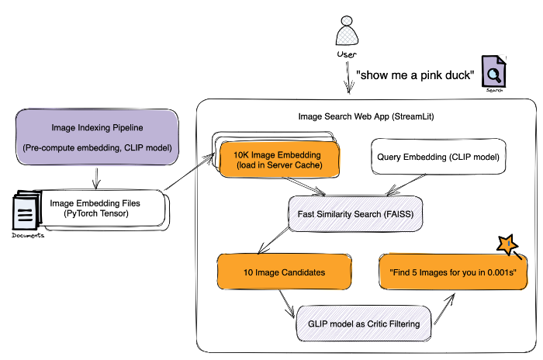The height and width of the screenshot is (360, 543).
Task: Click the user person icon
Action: coord(346,34)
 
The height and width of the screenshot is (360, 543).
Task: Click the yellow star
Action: coord(507,244)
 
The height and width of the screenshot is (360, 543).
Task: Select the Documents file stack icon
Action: coord(26,210)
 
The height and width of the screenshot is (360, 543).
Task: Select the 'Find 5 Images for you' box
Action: coord(449,272)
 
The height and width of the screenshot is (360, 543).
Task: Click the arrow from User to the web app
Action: coord(346,77)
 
